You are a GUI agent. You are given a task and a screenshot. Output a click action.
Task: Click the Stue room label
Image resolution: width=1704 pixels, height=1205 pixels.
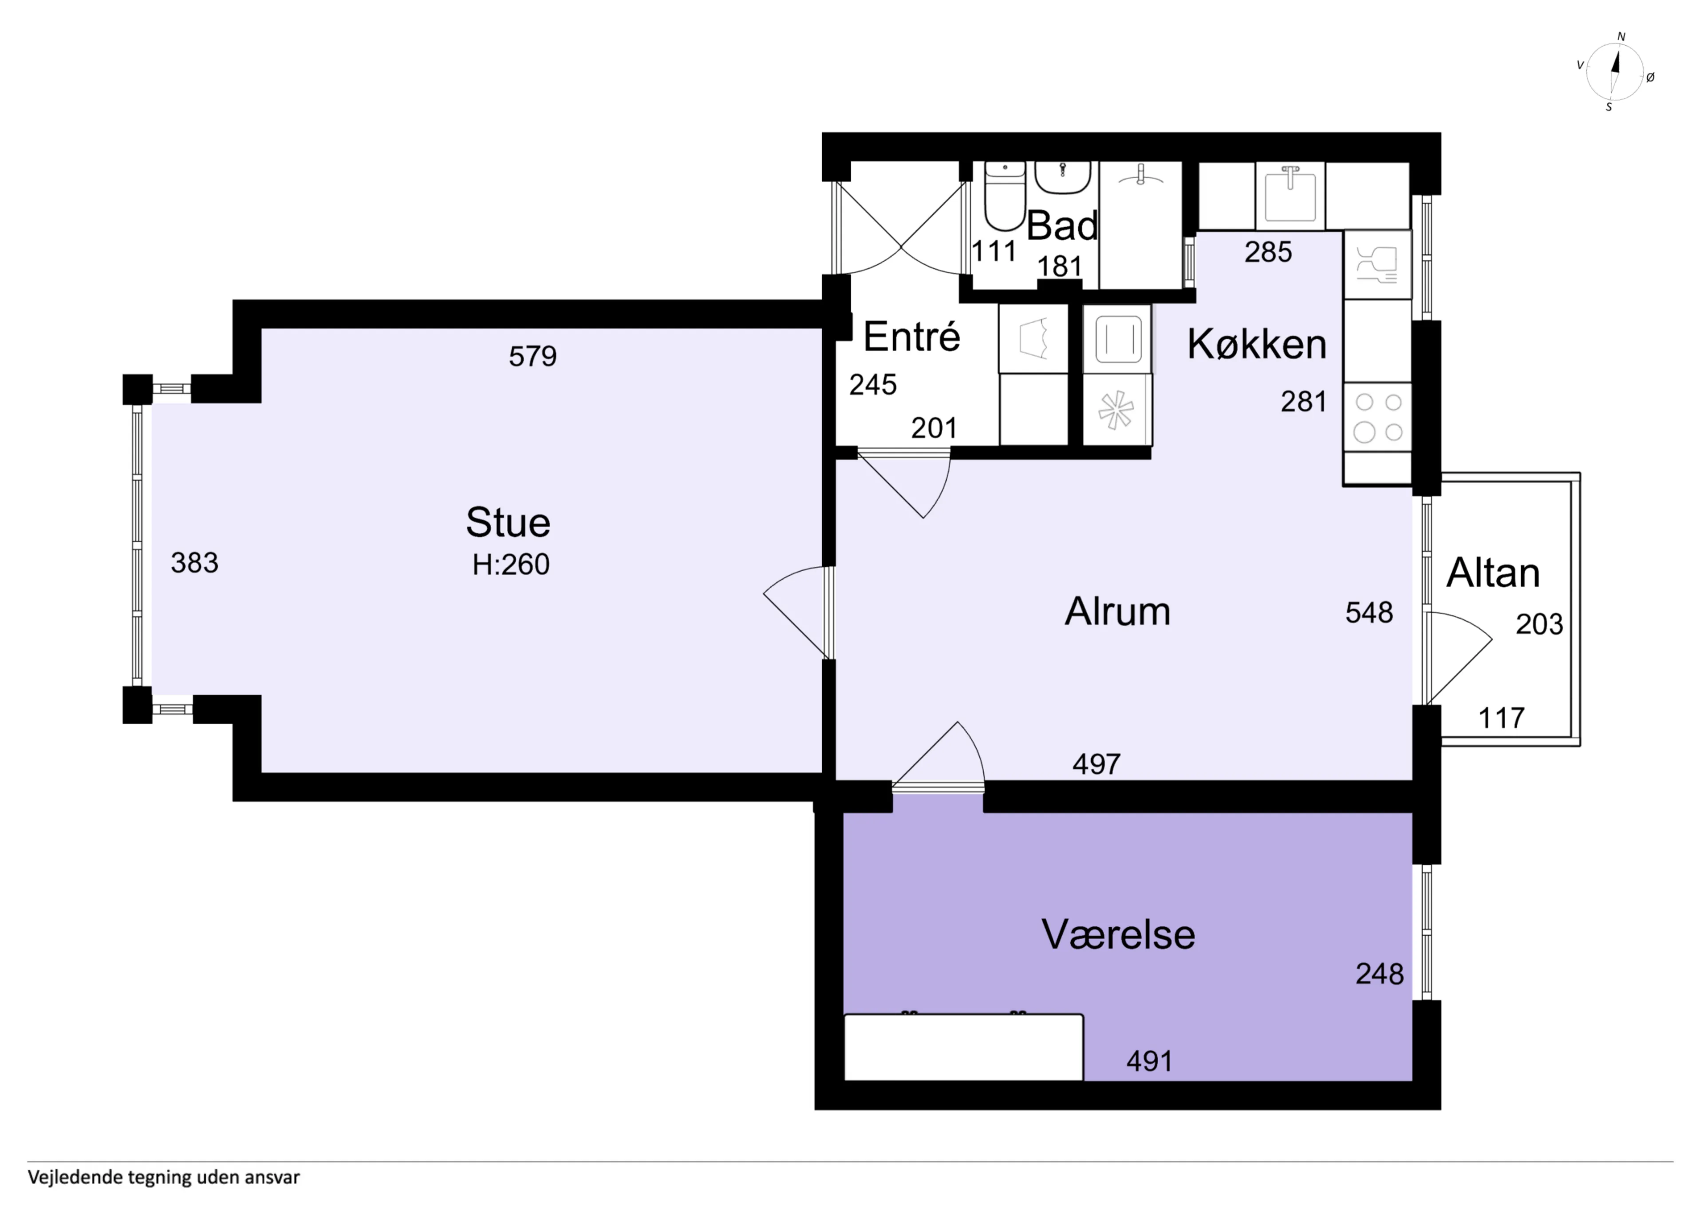(509, 523)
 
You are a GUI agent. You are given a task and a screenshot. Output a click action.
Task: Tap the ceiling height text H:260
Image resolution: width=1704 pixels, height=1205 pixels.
(511, 565)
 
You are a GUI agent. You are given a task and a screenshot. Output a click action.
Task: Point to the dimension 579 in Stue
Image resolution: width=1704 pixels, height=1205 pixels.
(533, 356)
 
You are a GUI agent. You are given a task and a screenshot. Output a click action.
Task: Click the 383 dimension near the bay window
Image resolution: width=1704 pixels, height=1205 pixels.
(194, 563)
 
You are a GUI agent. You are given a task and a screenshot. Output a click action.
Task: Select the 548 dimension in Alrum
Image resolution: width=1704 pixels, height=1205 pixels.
(1369, 612)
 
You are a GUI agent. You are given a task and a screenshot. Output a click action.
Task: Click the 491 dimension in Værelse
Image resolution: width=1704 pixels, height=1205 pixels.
(1150, 1062)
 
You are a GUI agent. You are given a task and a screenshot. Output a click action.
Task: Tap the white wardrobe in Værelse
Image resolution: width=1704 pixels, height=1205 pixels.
(963, 1047)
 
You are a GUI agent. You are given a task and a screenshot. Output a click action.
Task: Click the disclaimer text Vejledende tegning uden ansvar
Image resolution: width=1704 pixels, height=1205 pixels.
(164, 1177)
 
